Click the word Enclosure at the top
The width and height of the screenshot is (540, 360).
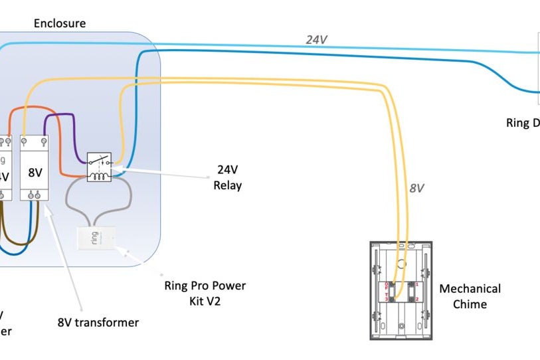click(60, 23)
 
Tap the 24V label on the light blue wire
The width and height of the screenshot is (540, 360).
click(316, 40)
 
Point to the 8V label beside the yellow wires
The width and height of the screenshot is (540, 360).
click(416, 188)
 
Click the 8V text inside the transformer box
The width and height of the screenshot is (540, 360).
click(35, 172)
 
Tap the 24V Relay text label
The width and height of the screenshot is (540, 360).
click(227, 177)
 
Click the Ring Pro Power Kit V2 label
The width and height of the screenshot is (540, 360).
click(205, 292)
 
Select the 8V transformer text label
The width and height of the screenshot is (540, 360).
click(98, 323)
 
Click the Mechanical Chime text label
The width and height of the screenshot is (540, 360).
click(470, 296)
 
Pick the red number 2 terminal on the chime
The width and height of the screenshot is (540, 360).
click(417, 300)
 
